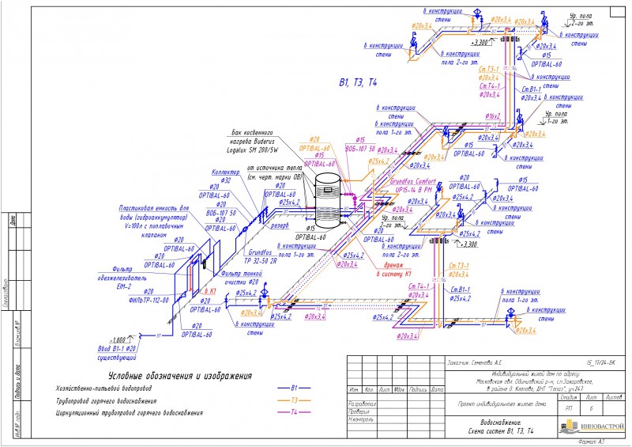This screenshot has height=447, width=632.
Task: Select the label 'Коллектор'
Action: click(226, 172)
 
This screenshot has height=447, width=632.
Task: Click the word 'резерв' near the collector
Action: click(280, 225)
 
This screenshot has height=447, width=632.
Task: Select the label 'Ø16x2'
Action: click(493, 116)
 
